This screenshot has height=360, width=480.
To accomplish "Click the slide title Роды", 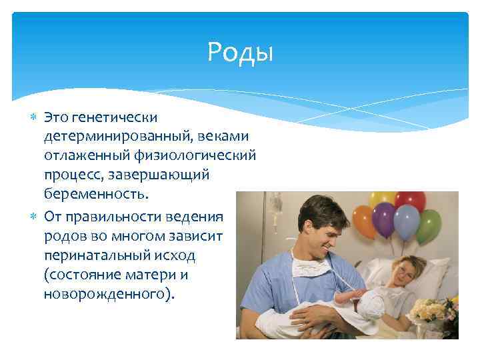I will point(240,51).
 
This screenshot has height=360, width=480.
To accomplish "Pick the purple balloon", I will point(383,217).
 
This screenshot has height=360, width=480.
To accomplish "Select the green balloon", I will point(429,225).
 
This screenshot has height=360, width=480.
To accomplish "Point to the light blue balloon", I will point(406,220).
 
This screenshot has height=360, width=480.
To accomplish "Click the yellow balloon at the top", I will point(383,198).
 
